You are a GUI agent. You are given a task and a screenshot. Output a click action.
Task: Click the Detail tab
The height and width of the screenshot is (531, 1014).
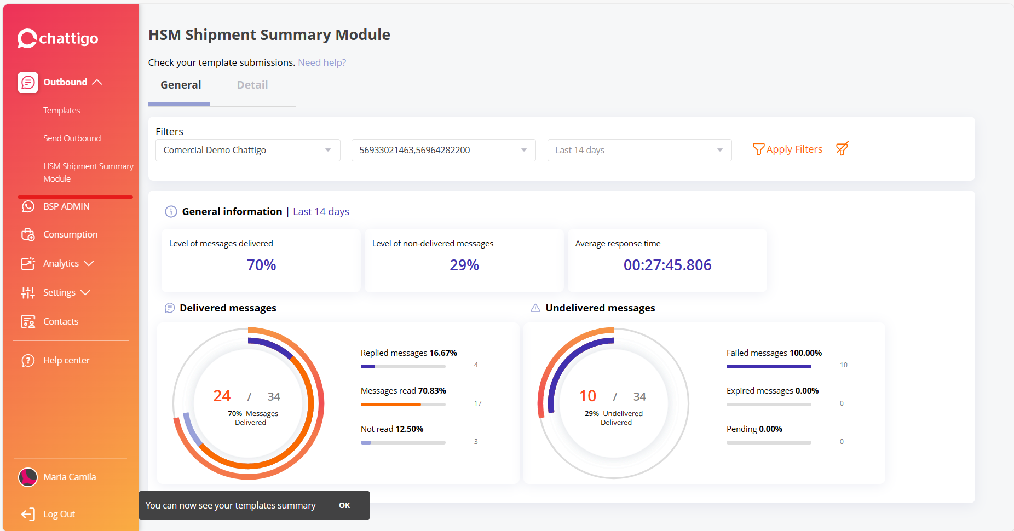pyautogui.click(x=252, y=85)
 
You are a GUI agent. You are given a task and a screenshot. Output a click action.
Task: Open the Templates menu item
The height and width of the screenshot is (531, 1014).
pyautogui.click(x=62, y=111)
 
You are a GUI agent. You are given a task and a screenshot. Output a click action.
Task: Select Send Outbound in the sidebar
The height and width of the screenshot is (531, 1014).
pyautogui.click(x=72, y=138)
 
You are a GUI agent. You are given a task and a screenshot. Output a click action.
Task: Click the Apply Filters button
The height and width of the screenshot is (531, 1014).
pyautogui.click(x=787, y=149)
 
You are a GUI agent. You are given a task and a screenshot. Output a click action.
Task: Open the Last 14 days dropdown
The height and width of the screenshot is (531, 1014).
pyautogui.click(x=639, y=150)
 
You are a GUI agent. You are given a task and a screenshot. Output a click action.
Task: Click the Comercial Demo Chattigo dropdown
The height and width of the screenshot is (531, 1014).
pyautogui.click(x=247, y=150)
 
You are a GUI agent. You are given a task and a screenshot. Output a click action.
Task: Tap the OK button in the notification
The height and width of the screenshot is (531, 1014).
pyautogui.click(x=344, y=505)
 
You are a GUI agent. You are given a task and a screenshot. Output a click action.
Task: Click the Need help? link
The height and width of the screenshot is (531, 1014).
pyautogui.click(x=322, y=62)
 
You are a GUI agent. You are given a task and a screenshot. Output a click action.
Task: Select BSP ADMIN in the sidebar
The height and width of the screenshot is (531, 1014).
pyautogui.click(x=66, y=206)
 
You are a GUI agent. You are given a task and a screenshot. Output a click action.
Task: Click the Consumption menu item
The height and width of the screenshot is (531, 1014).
pyautogui.click(x=70, y=234)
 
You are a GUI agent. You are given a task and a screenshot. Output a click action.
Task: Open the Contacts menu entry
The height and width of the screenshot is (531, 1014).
pyautogui.click(x=61, y=321)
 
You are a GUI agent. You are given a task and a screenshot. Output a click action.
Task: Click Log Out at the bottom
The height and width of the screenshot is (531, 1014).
pyautogui.click(x=59, y=514)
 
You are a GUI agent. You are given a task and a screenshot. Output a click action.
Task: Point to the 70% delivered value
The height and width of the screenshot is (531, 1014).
pyautogui.click(x=261, y=265)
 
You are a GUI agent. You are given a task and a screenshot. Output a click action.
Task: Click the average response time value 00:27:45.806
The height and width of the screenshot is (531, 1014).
pyautogui.click(x=667, y=265)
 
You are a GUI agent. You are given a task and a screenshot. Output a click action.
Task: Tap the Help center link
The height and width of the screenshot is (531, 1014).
pyautogui.click(x=66, y=360)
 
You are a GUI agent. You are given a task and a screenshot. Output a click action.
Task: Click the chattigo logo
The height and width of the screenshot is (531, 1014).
pyautogui.click(x=58, y=38)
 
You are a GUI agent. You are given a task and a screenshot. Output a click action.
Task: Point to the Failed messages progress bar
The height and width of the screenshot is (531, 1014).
pyautogui.click(x=768, y=366)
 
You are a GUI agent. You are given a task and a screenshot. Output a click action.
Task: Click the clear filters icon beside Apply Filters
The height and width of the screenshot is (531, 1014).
pyautogui.click(x=842, y=149)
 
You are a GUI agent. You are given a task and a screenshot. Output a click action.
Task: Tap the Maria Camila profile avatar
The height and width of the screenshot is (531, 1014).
pyautogui.click(x=28, y=477)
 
